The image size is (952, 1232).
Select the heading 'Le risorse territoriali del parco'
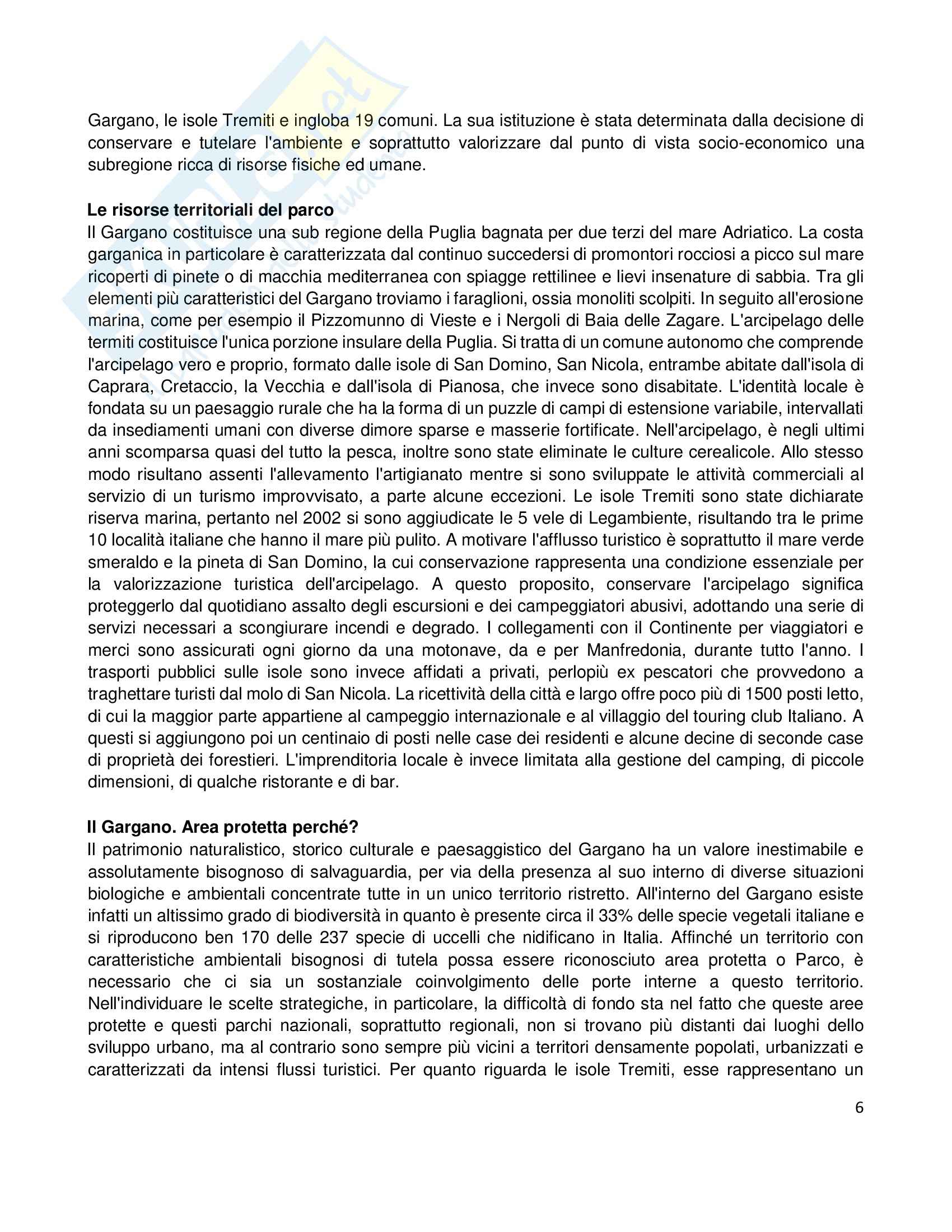(x=210, y=211)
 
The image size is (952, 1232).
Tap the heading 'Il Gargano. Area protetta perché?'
(x=223, y=828)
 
